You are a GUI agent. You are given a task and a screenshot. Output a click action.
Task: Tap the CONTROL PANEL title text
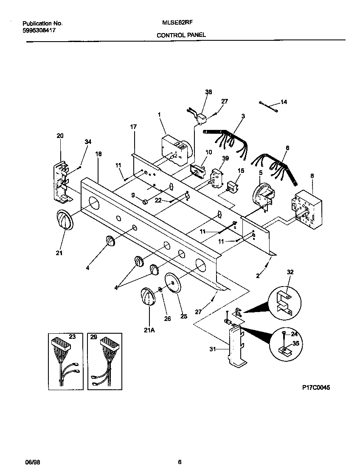(181, 35)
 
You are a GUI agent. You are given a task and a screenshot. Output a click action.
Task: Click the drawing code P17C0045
(316, 388)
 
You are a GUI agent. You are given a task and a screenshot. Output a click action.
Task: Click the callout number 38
(208, 92)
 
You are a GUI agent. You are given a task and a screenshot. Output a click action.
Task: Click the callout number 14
(284, 102)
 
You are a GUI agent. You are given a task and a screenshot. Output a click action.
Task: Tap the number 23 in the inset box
(72, 337)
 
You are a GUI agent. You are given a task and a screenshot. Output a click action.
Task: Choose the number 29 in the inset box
(93, 337)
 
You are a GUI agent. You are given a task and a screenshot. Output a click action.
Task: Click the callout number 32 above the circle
(290, 271)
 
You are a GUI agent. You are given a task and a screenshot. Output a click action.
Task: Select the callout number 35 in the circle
(296, 344)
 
